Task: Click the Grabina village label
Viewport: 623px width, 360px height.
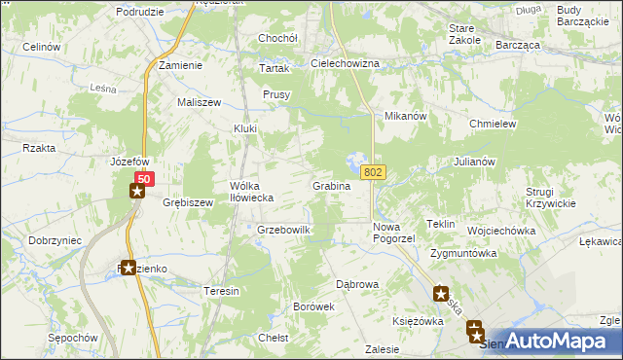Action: pyautogui.click(x=331, y=185)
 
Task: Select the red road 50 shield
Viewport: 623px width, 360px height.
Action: pyautogui.click(x=144, y=179)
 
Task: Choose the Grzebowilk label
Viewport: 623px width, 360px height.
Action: pyautogui.click(x=283, y=230)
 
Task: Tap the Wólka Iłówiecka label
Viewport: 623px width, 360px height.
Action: pyautogui.click(x=251, y=191)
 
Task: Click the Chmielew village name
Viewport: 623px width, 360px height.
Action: pyautogui.click(x=492, y=125)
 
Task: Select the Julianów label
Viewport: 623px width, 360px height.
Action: pyautogui.click(x=475, y=162)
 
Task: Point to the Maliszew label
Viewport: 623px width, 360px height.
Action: pyautogui.click(x=199, y=102)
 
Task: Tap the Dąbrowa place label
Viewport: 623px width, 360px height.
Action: pyautogui.click(x=357, y=284)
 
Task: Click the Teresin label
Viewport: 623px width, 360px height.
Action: pyautogui.click(x=221, y=291)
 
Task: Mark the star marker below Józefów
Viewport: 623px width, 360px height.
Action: pyautogui.click(x=137, y=191)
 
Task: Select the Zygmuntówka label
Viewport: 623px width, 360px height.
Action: pyautogui.click(x=464, y=253)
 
